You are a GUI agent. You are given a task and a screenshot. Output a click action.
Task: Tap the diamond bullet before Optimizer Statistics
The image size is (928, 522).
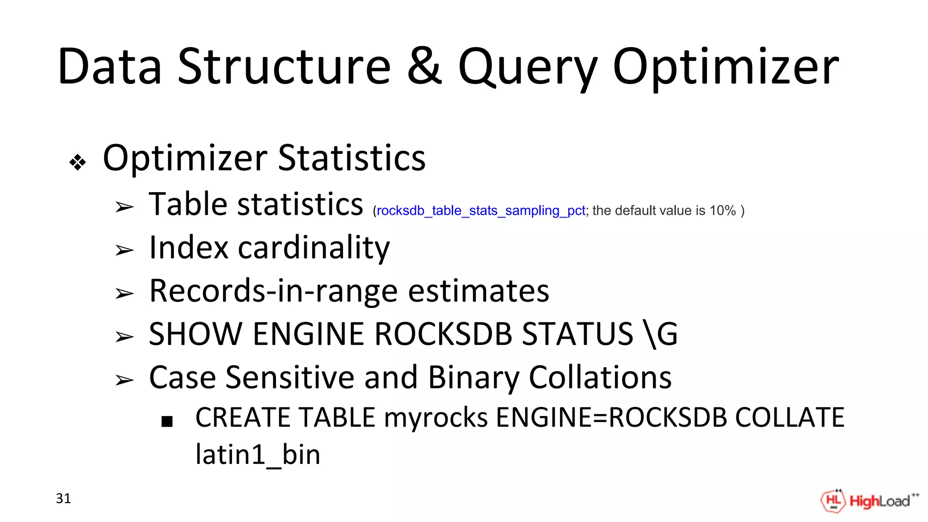click(78, 162)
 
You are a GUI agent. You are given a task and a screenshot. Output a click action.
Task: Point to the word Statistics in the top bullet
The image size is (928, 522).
click(352, 158)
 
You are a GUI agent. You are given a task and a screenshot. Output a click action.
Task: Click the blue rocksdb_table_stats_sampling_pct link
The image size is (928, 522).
click(481, 211)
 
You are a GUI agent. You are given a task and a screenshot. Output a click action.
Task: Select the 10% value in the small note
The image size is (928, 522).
click(722, 211)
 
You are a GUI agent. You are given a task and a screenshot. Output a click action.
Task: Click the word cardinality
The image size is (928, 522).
click(314, 248)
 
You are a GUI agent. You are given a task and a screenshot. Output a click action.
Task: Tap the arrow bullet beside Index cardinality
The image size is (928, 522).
click(124, 250)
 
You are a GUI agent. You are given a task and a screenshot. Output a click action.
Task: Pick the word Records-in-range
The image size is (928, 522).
click(273, 291)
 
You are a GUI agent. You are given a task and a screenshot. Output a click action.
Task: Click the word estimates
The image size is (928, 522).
click(478, 291)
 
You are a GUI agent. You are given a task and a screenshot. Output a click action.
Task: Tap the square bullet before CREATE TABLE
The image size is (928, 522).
click(167, 422)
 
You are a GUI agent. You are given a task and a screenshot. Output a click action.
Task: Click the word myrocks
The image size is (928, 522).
click(435, 417)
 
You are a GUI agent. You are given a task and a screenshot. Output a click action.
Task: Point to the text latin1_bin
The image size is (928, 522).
click(257, 454)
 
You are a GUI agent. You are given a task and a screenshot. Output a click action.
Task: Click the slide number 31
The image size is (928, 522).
click(63, 498)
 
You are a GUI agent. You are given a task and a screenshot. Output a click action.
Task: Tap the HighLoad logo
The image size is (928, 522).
click(869, 501)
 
